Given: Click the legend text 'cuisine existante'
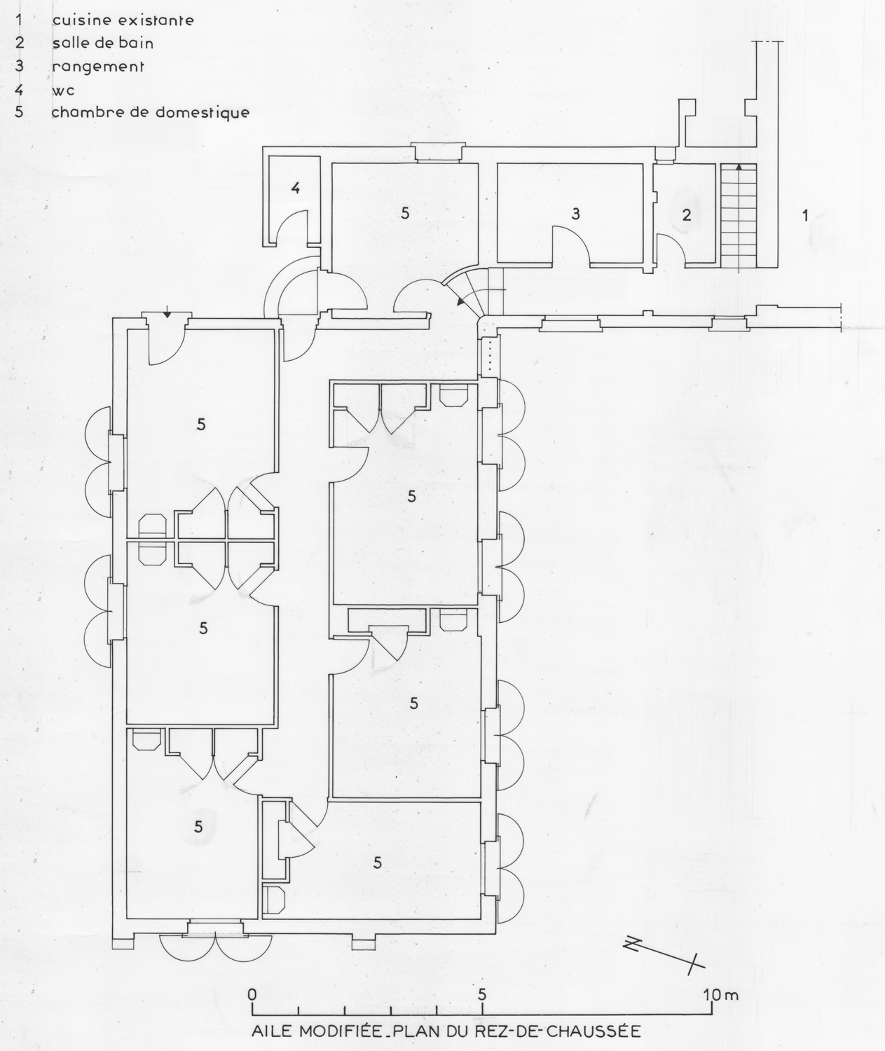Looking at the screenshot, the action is [x=123, y=20].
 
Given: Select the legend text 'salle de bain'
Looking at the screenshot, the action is [x=103, y=43].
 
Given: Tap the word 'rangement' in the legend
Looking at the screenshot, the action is [x=98, y=67].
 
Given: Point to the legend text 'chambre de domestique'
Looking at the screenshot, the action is [x=151, y=111].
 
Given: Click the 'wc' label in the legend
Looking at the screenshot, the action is [x=63, y=91].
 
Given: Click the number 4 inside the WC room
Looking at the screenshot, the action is [x=296, y=188].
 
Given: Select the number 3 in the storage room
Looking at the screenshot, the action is [x=576, y=214].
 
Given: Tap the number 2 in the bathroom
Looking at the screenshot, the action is [x=686, y=215].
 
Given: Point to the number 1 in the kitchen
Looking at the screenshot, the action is [x=805, y=215].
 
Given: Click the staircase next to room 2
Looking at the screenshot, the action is [x=739, y=215].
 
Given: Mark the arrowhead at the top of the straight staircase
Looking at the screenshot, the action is [x=739, y=167].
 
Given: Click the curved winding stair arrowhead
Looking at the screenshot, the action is [x=460, y=301].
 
